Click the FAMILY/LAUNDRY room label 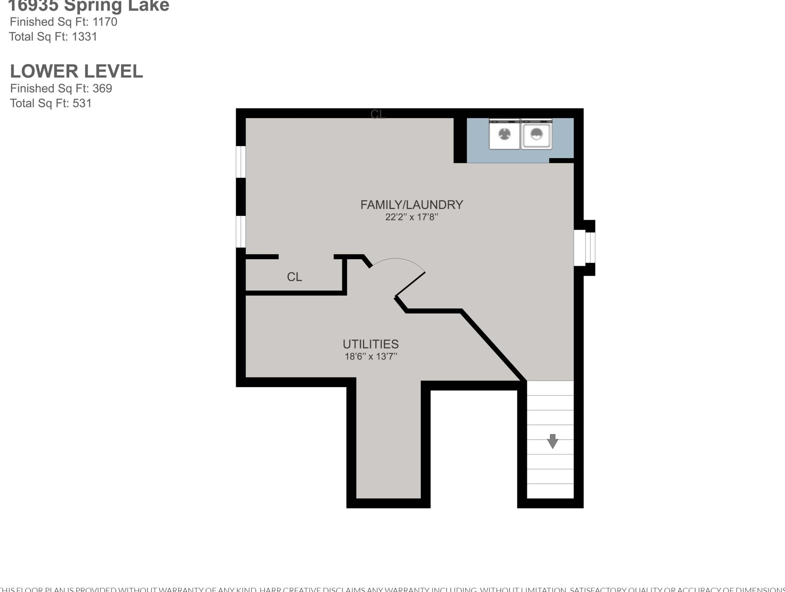tap(412, 205)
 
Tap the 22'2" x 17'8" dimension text tap(412, 217)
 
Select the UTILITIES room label tap(371, 344)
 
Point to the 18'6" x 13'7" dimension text tap(371, 356)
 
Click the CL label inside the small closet tap(294, 277)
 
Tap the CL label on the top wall tap(378, 114)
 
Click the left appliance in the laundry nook tap(504, 134)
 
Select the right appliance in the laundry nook tap(536, 134)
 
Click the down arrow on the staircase tap(553, 441)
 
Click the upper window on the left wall tap(241, 162)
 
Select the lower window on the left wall tap(241, 232)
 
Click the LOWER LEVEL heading tap(76, 71)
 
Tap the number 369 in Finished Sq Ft tap(102, 88)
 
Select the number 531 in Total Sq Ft tap(82, 103)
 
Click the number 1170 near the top tap(105, 22)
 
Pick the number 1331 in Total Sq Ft tap(84, 37)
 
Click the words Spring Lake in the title tap(116, 6)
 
